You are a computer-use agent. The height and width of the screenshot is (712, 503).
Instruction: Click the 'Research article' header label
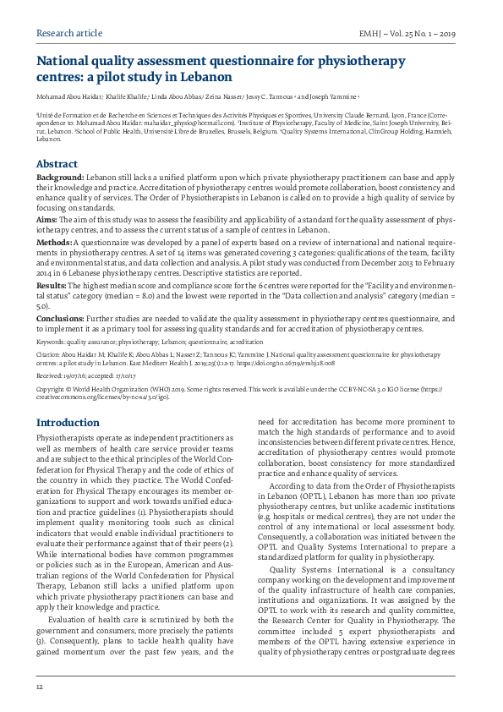[69, 33]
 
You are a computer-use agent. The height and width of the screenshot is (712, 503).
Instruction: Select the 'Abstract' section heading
[57, 164]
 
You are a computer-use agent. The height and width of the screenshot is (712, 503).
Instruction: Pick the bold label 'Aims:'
[46, 219]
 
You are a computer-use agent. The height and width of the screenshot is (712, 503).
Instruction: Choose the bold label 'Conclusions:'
[61, 319]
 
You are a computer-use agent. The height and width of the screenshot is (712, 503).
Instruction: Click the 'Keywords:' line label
[52, 342]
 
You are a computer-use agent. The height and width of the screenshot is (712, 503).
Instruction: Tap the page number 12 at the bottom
[40, 687]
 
